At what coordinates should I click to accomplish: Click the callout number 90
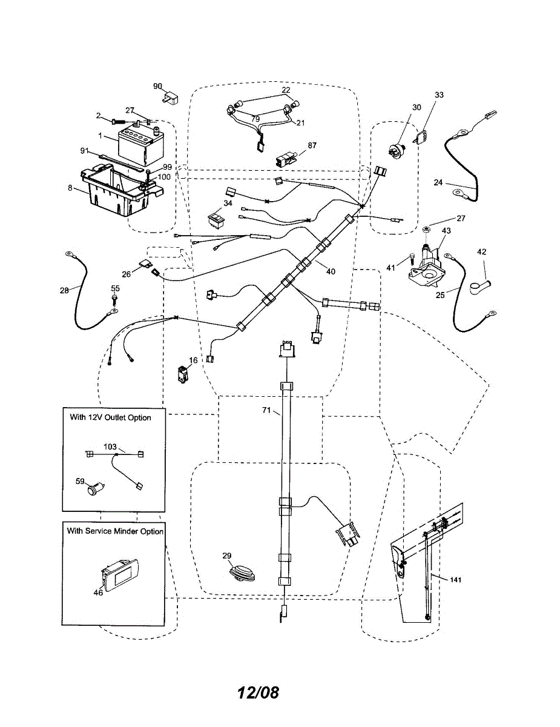click(157, 86)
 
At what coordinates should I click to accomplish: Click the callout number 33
click(439, 95)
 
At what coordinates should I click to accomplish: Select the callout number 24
click(439, 181)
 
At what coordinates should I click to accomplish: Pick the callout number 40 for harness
click(330, 271)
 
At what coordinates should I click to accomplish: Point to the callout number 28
click(64, 290)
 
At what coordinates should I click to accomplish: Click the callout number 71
click(266, 411)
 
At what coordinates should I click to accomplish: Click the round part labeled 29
click(241, 573)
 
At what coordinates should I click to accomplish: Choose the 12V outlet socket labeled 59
click(94, 488)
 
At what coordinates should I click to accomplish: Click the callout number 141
click(456, 580)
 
